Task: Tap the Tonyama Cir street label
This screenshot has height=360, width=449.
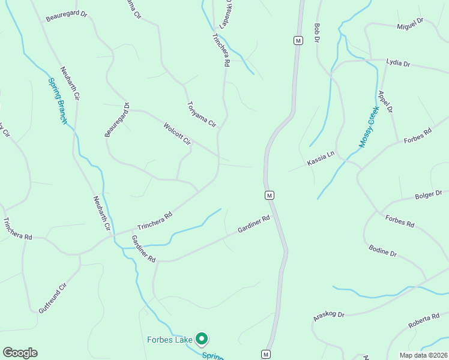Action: click(x=201, y=114)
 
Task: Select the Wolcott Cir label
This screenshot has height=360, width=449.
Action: click(x=177, y=134)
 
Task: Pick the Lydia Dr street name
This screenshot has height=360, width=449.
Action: click(x=398, y=63)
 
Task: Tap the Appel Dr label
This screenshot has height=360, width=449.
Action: click(x=385, y=102)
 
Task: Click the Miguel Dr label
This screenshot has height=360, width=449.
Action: click(x=410, y=23)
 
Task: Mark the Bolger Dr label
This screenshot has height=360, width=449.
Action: click(x=429, y=194)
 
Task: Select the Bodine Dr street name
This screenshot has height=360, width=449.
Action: click(x=382, y=250)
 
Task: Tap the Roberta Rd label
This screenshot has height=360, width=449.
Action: click(x=424, y=320)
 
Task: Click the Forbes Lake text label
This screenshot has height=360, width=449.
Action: click(x=170, y=340)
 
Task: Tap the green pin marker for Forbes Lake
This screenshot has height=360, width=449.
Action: click(x=202, y=340)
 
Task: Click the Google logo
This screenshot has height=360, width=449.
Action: click(x=20, y=353)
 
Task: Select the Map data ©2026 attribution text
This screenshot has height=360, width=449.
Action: click(x=423, y=355)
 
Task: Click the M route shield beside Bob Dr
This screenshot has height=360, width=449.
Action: click(x=298, y=40)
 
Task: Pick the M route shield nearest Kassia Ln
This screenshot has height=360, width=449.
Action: click(x=270, y=195)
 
